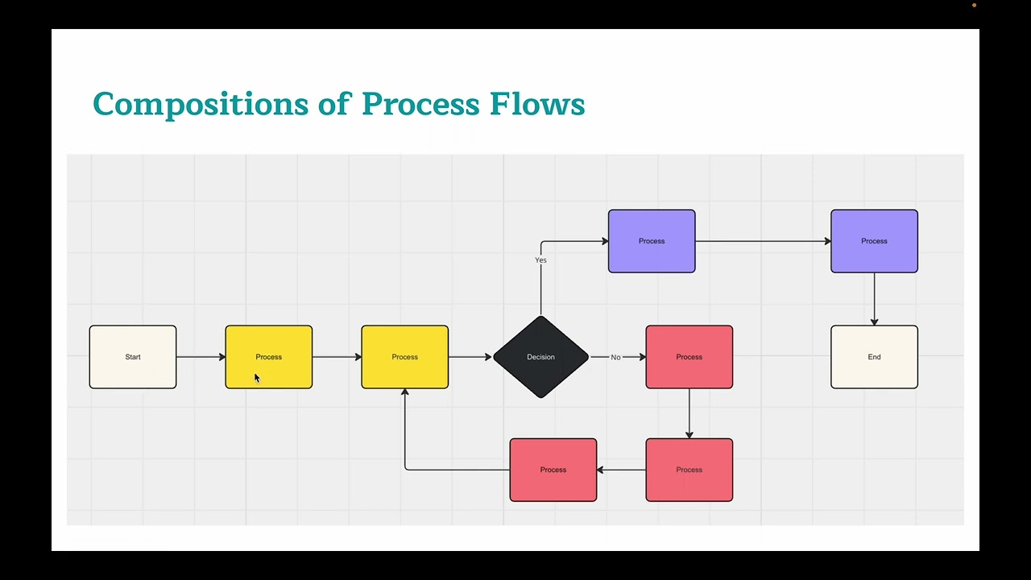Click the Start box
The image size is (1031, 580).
[x=133, y=357]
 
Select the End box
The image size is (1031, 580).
[x=874, y=357]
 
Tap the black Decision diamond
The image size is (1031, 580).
[x=540, y=357]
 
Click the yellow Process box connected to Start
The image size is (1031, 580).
[x=269, y=357]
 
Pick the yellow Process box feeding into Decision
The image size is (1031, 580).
[x=404, y=357]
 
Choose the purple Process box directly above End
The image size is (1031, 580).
[x=874, y=241]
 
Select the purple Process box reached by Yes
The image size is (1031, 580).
[x=652, y=241]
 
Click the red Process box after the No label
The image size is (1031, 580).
[x=689, y=357]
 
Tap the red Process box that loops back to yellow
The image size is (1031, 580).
[x=553, y=470]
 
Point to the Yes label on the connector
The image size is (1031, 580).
[x=540, y=260]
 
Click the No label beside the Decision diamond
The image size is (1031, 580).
[x=615, y=357]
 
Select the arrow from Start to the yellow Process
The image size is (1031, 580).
[x=201, y=357]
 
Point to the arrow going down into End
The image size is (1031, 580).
[x=874, y=299]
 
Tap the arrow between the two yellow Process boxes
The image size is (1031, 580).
[x=337, y=357]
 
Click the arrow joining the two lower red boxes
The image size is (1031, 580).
[x=621, y=470]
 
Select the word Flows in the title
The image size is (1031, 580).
[x=536, y=105]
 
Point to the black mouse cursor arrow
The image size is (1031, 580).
[x=257, y=378]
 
